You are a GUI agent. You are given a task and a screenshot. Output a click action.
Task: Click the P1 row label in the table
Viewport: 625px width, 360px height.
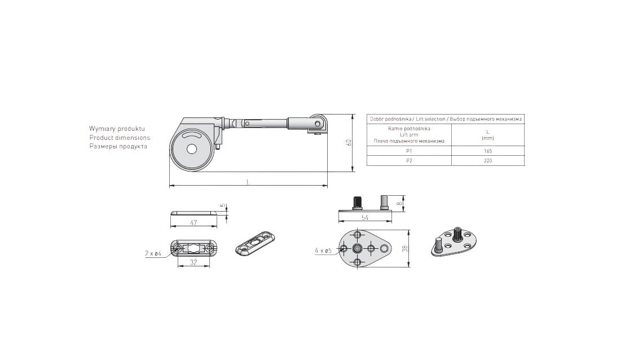(x=409, y=151)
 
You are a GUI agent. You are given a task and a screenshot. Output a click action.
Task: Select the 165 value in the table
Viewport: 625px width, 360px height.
(x=488, y=151)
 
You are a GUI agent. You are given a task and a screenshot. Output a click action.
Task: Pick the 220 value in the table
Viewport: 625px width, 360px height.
(x=488, y=161)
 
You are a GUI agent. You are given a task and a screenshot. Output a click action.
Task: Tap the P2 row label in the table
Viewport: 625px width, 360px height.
(x=409, y=161)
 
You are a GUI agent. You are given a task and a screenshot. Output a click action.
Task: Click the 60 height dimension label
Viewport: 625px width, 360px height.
(x=349, y=143)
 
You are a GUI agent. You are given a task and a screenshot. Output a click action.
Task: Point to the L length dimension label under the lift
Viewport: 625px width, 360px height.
(x=248, y=182)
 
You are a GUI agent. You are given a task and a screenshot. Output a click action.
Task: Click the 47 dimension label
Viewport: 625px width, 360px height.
(x=193, y=223)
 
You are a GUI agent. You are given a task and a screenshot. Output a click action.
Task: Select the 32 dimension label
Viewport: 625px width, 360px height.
(x=193, y=262)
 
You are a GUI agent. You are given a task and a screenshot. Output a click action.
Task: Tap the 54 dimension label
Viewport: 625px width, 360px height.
(x=365, y=218)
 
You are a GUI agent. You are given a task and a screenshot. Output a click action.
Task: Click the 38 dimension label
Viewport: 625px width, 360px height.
(x=405, y=249)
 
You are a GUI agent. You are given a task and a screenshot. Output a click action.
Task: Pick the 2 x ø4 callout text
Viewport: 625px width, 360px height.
(x=153, y=253)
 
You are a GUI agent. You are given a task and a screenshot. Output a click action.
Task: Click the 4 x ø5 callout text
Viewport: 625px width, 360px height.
(x=323, y=251)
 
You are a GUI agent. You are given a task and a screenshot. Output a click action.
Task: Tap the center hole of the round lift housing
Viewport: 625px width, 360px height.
(x=192, y=150)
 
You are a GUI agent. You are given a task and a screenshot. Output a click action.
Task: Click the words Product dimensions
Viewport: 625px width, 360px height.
(x=120, y=138)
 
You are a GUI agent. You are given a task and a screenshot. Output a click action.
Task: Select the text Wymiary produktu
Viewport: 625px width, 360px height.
(x=117, y=129)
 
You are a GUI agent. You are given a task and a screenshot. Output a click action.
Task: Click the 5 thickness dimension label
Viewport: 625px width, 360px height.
(x=223, y=206)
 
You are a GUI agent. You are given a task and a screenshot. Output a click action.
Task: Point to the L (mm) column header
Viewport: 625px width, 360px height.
(x=487, y=135)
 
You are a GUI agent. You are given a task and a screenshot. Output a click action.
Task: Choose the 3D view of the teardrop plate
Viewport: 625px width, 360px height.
(x=454, y=241)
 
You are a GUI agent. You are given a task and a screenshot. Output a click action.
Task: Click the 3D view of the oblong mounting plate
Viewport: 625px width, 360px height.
(x=255, y=243)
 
